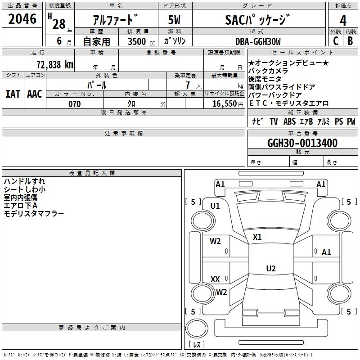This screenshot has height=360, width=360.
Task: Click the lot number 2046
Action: pyautogui.click(x=22, y=18)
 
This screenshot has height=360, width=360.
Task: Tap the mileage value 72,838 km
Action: pyautogui.click(x=54, y=64)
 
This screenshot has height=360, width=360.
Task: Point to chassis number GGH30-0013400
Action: pyautogui.click(x=302, y=143)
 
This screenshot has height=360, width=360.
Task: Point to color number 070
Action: pyautogui.click(x=75, y=104)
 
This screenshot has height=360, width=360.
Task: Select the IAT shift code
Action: pyautogui.click(x=13, y=94)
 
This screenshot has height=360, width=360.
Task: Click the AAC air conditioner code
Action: pyautogui.click(x=35, y=94)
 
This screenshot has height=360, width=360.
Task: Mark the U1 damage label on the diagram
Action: pyautogui.click(x=215, y=206)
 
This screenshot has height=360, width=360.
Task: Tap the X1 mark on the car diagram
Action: pyautogui.click(x=257, y=237)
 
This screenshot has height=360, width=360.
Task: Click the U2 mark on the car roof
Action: pyautogui.click(x=270, y=269)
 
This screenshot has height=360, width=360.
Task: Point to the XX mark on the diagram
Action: pyautogui.click(x=215, y=279)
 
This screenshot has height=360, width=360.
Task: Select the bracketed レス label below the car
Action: pyautogui.click(x=196, y=345)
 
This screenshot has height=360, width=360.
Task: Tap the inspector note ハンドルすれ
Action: pyautogui.click(x=24, y=181)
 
